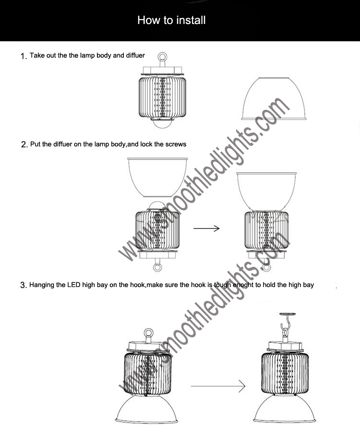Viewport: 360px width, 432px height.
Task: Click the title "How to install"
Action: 171,20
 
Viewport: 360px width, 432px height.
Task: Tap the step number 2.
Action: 24,145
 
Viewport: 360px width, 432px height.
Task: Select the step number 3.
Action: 23,286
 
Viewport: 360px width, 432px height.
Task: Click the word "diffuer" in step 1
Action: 135,56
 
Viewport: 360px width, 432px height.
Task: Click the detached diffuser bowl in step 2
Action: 157,178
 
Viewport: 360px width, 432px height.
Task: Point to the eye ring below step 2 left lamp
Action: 157,268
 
